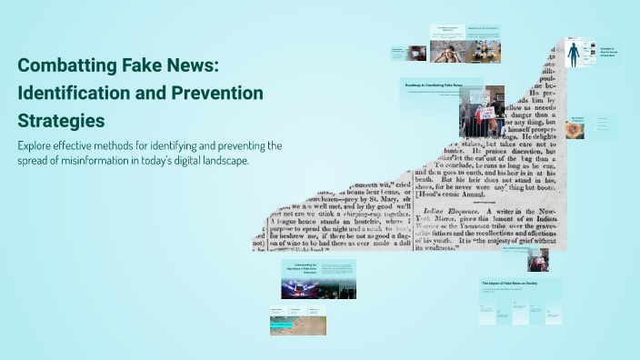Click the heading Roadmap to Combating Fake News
434,85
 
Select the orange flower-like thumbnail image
575,129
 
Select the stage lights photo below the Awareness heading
307,288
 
